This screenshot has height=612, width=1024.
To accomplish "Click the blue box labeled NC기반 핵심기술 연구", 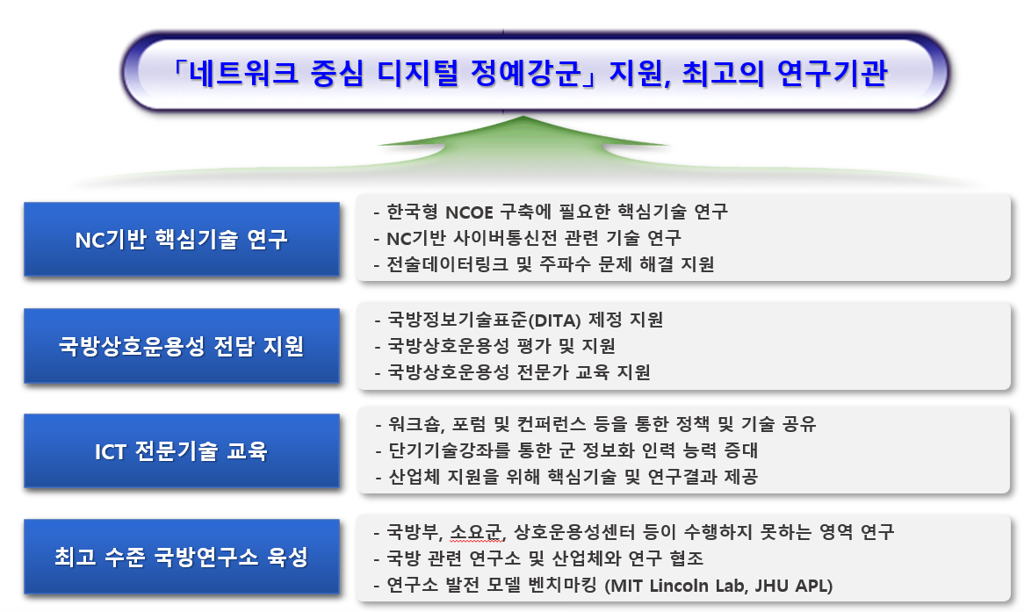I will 181,239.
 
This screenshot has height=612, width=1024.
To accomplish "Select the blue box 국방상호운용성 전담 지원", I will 181,345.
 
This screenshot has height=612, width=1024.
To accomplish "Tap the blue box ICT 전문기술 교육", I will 181,451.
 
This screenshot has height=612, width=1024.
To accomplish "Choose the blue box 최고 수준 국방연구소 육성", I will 181,557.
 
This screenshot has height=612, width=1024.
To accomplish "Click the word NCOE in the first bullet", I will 473,212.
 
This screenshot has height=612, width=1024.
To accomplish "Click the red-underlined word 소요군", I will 475,532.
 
